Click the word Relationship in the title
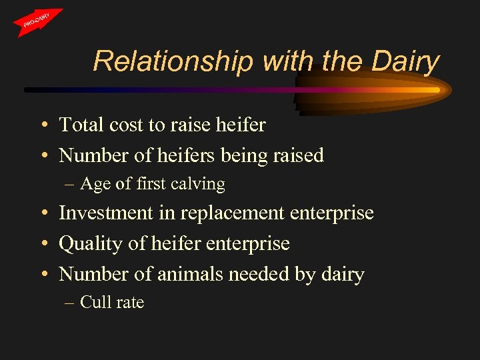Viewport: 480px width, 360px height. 173,61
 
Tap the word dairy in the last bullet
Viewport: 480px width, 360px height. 343,275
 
